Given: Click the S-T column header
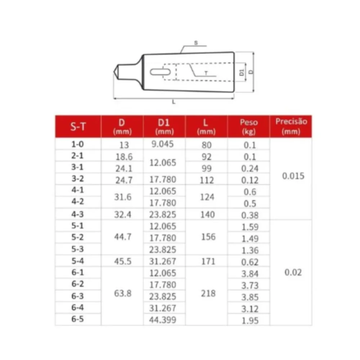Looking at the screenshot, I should click(78, 126).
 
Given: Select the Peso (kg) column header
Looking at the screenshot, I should click(249, 126).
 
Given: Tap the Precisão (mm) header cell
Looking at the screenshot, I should click(291, 126).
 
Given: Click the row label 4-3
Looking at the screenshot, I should click(78, 214).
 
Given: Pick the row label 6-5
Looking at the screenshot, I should click(78, 319).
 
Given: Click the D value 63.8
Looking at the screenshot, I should click(122, 293).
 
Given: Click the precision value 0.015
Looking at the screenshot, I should click(292, 176).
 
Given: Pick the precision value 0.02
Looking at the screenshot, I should click(293, 273).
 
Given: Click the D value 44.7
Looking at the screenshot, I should click(122, 237).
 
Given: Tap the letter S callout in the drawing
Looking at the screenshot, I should click(196, 43).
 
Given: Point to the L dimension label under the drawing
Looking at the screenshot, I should click(174, 102).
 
